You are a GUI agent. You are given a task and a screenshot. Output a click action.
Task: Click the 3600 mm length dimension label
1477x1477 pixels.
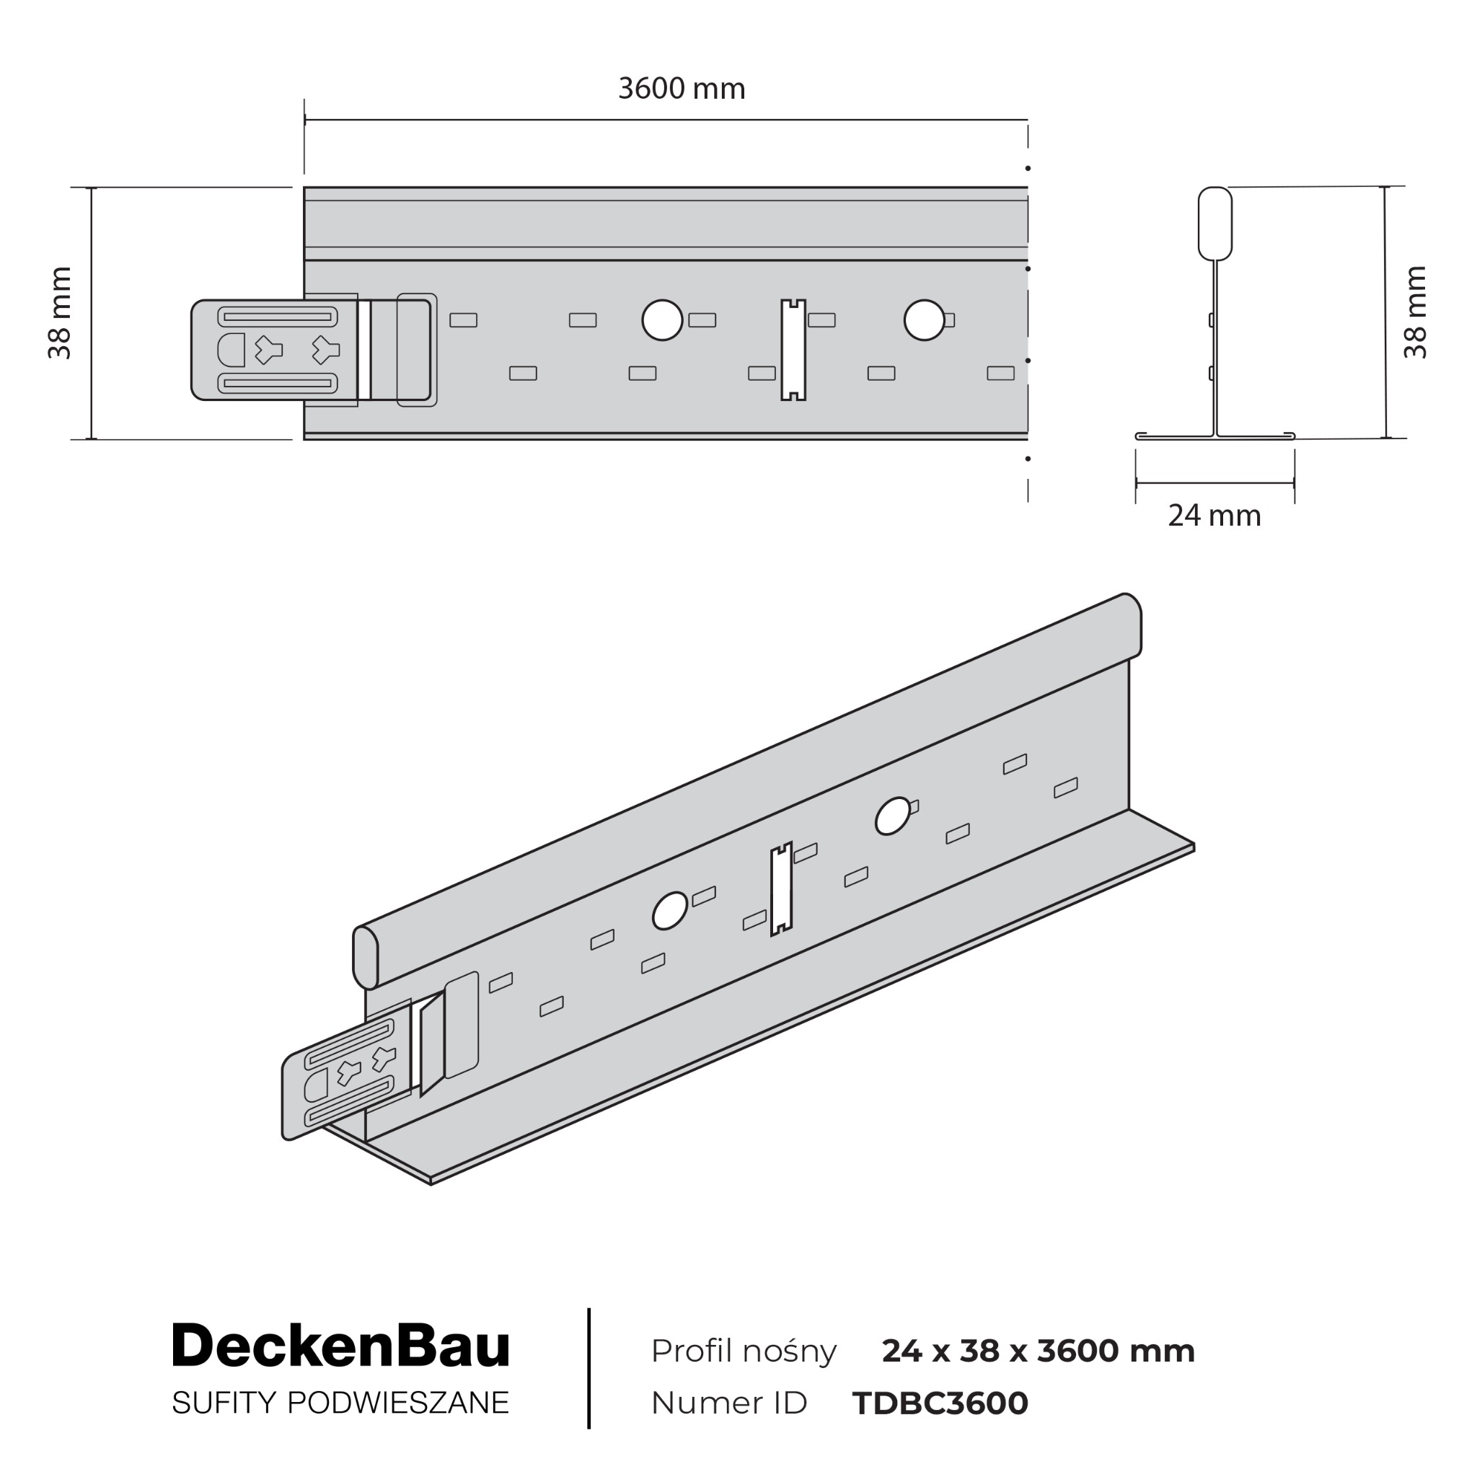(x=681, y=89)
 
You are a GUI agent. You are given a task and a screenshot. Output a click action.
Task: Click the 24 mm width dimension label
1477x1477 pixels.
(x=1214, y=516)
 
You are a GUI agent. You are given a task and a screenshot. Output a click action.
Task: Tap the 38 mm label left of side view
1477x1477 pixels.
(x=60, y=313)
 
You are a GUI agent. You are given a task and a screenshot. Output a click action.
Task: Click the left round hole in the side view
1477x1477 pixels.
(x=662, y=320)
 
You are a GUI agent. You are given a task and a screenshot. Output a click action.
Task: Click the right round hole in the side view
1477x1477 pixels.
(x=924, y=320)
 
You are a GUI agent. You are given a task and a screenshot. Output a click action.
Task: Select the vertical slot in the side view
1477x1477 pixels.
(x=793, y=349)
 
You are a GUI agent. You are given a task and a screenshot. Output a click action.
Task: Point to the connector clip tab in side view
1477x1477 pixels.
(x=273, y=349)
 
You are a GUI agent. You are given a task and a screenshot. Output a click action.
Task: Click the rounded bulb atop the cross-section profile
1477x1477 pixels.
(x=1214, y=224)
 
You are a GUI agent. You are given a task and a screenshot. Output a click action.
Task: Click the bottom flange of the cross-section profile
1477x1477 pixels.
(x=1214, y=436)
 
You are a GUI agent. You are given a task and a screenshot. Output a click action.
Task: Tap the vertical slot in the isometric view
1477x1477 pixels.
(x=781, y=890)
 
